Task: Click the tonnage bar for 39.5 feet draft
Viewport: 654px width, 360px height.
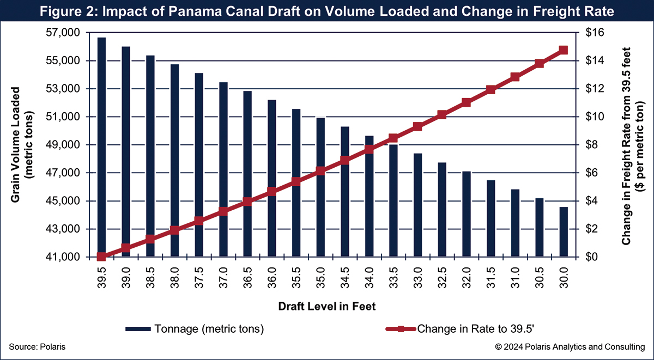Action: point(101,147)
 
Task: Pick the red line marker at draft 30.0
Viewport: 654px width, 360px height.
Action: point(564,50)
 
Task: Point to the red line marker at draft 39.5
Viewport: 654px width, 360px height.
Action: point(101,257)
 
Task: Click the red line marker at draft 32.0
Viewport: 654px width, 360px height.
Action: point(466,102)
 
